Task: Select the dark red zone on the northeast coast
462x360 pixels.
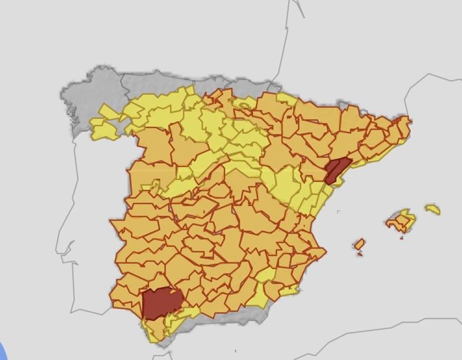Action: coord(335,170)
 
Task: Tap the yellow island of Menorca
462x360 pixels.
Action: coord(433,209)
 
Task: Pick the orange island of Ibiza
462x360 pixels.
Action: coord(360,244)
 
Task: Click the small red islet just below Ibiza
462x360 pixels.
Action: coord(360,254)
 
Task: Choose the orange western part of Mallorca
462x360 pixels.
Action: coord(394,221)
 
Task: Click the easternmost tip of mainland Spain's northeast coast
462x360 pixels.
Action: coord(410,121)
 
